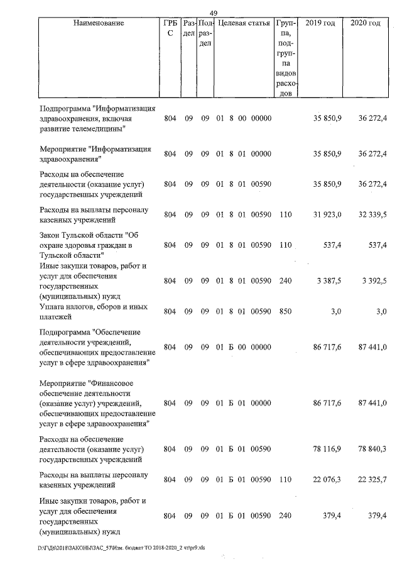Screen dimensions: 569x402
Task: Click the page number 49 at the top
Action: click(x=213, y=13)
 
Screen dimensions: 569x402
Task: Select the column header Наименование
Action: click(x=99, y=23)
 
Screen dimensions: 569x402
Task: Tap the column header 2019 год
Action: click(x=320, y=23)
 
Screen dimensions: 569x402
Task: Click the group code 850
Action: click(x=285, y=311)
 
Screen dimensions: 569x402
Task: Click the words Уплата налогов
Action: click(x=66, y=306)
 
